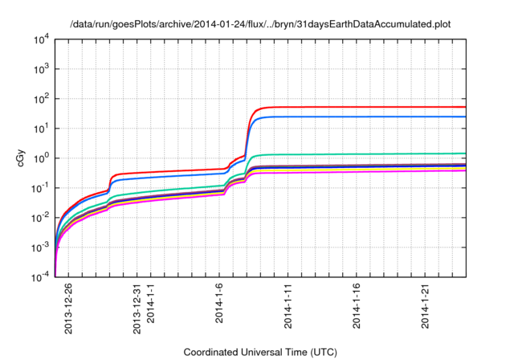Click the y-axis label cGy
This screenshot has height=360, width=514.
click(22, 158)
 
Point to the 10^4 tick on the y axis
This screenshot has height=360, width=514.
click(41, 39)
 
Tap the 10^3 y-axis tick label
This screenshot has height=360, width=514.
click(41, 69)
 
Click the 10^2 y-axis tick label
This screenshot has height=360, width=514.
click(41, 99)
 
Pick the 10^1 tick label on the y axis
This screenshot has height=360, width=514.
click(41, 129)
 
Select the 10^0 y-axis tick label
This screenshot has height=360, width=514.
click(41, 158)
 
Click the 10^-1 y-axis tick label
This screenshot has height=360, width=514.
click(39, 188)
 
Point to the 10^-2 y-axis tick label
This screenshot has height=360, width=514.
click(39, 218)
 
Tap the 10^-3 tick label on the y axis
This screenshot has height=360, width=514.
click(39, 247)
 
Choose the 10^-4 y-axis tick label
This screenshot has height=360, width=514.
click(39, 277)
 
